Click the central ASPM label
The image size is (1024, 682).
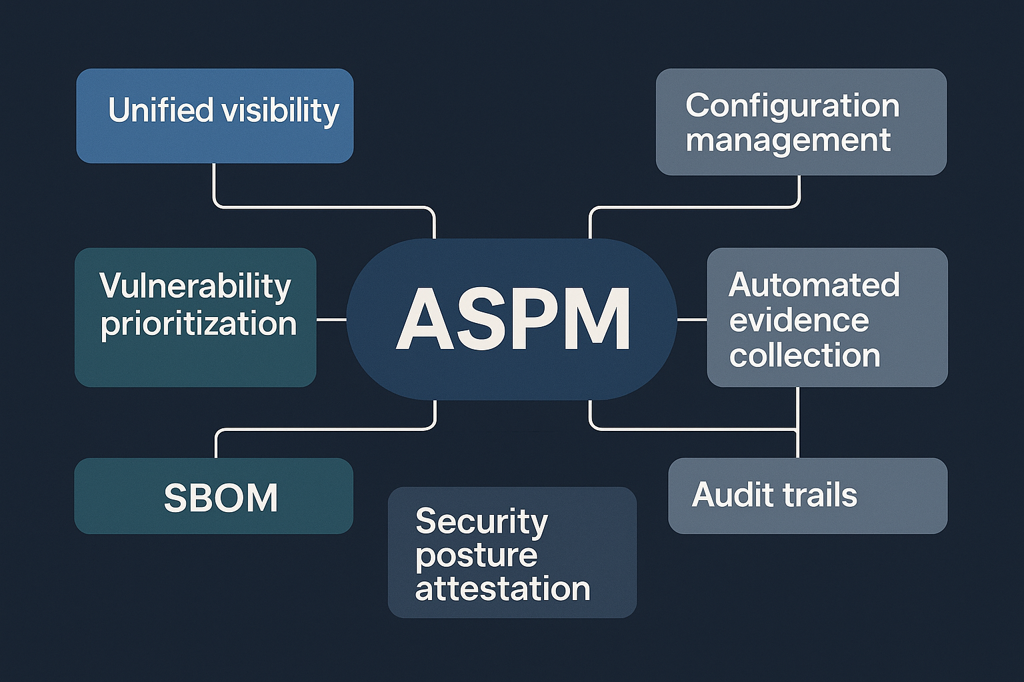513,320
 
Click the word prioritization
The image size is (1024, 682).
199,324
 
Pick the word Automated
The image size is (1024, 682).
814,284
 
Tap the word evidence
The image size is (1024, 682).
799,320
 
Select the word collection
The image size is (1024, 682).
805,355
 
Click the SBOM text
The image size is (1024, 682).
221,498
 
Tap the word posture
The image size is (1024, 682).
477,556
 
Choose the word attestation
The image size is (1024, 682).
503,588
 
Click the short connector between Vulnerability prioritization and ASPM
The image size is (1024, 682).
331,319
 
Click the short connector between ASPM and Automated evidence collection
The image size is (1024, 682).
691,319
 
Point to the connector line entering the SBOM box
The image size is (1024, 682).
325,430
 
